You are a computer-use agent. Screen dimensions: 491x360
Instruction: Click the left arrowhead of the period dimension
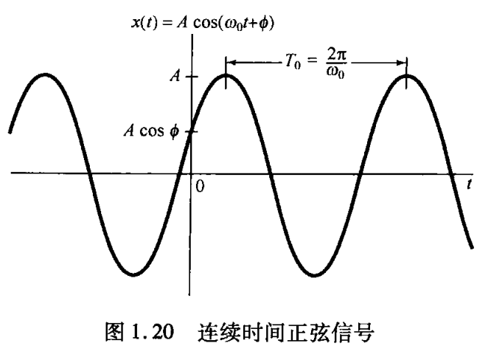(x=229, y=61)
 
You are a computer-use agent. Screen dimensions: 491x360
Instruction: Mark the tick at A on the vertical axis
(x=190, y=76)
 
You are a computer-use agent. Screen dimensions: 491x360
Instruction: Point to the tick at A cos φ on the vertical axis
(x=190, y=133)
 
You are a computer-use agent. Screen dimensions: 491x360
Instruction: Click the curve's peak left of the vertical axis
(x=46, y=75)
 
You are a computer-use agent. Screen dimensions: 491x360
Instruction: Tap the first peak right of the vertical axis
(x=226, y=75)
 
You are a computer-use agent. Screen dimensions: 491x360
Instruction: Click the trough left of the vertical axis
(x=134, y=274)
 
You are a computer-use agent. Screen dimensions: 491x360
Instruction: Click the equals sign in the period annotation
(x=310, y=61)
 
